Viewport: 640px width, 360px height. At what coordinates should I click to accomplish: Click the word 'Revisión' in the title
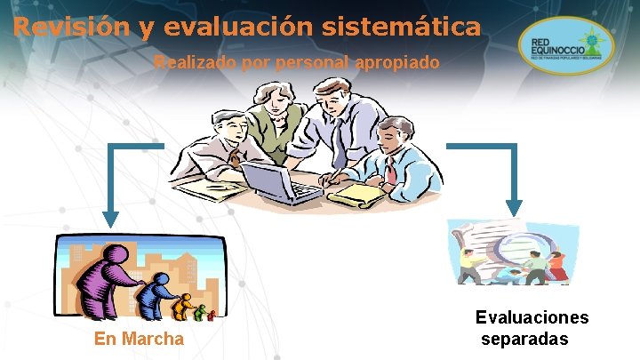pos(70,27)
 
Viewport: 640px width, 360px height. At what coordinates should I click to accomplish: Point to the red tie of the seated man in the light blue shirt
pos(390,171)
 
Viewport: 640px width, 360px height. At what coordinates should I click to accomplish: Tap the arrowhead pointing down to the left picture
pos(110,217)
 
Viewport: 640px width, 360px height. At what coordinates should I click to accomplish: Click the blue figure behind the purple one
pos(161,293)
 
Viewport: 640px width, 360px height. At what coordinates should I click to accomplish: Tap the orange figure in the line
pos(185,308)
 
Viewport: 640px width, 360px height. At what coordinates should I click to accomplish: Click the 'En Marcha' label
pos(140,339)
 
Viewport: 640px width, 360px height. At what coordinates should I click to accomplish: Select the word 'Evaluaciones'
pos(532,318)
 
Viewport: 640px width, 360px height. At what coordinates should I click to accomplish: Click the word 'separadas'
pos(524,339)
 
